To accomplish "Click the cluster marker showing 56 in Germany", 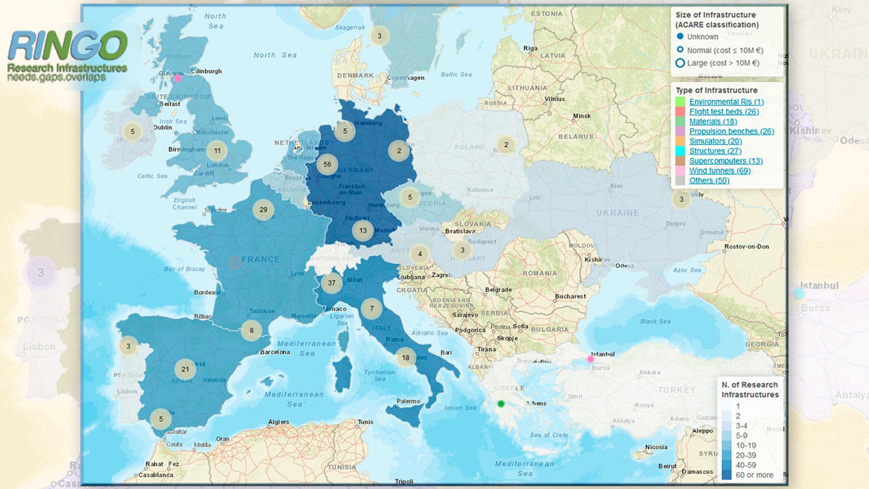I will (x=327, y=165).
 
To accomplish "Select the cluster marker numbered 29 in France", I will (x=264, y=210).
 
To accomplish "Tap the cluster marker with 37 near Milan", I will (x=331, y=283).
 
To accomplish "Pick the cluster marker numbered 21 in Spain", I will (x=185, y=369).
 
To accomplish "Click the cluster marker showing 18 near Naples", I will (x=406, y=357).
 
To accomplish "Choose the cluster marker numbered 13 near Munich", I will (x=363, y=230).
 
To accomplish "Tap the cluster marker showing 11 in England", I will (x=217, y=151).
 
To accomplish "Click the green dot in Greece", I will (x=501, y=404).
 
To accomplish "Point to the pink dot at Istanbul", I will (x=590, y=359).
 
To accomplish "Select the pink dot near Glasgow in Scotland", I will (x=178, y=78).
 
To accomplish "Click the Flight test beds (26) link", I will (x=724, y=112).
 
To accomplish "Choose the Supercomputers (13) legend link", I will (x=726, y=161).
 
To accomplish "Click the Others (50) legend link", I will (x=709, y=181).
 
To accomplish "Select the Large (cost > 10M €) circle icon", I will (x=680, y=63).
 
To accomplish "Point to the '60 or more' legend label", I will (x=754, y=475).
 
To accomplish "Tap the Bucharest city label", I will (x=570, y=296).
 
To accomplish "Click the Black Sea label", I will (x=655, y=322).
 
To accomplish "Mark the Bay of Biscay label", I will (x=184, y=269).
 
